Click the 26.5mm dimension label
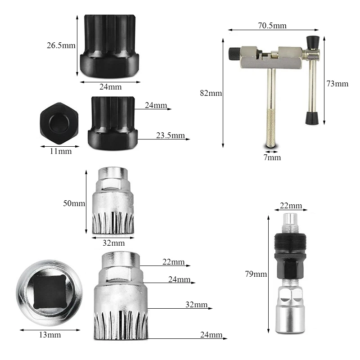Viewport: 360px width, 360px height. (x=61, y=45)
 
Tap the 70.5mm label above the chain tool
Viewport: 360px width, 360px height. (x=272, y=26)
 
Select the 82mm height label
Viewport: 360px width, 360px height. (x=211, y=93)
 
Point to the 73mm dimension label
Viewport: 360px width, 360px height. (x=337, y=84)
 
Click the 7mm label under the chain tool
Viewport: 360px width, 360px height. (x=272, y=157)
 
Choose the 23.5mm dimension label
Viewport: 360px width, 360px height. (x=171, y=135)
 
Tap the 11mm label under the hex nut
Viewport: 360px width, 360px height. (x=61, y=151)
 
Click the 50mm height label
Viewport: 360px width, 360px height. (x=74, y=203)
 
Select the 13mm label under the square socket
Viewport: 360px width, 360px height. (x=50, y=335)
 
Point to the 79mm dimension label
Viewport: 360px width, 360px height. (x=256, y=274)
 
